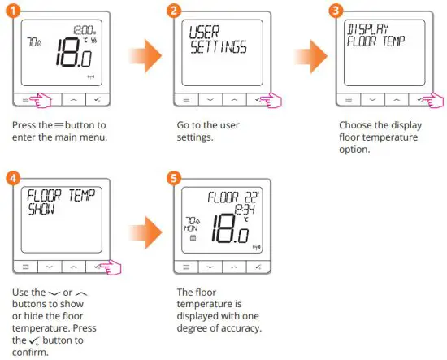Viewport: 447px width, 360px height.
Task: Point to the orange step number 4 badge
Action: coord(15,177)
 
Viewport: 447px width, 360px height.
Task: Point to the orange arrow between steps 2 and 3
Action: coord(302,59)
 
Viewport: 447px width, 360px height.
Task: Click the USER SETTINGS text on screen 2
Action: coord(213,40)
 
